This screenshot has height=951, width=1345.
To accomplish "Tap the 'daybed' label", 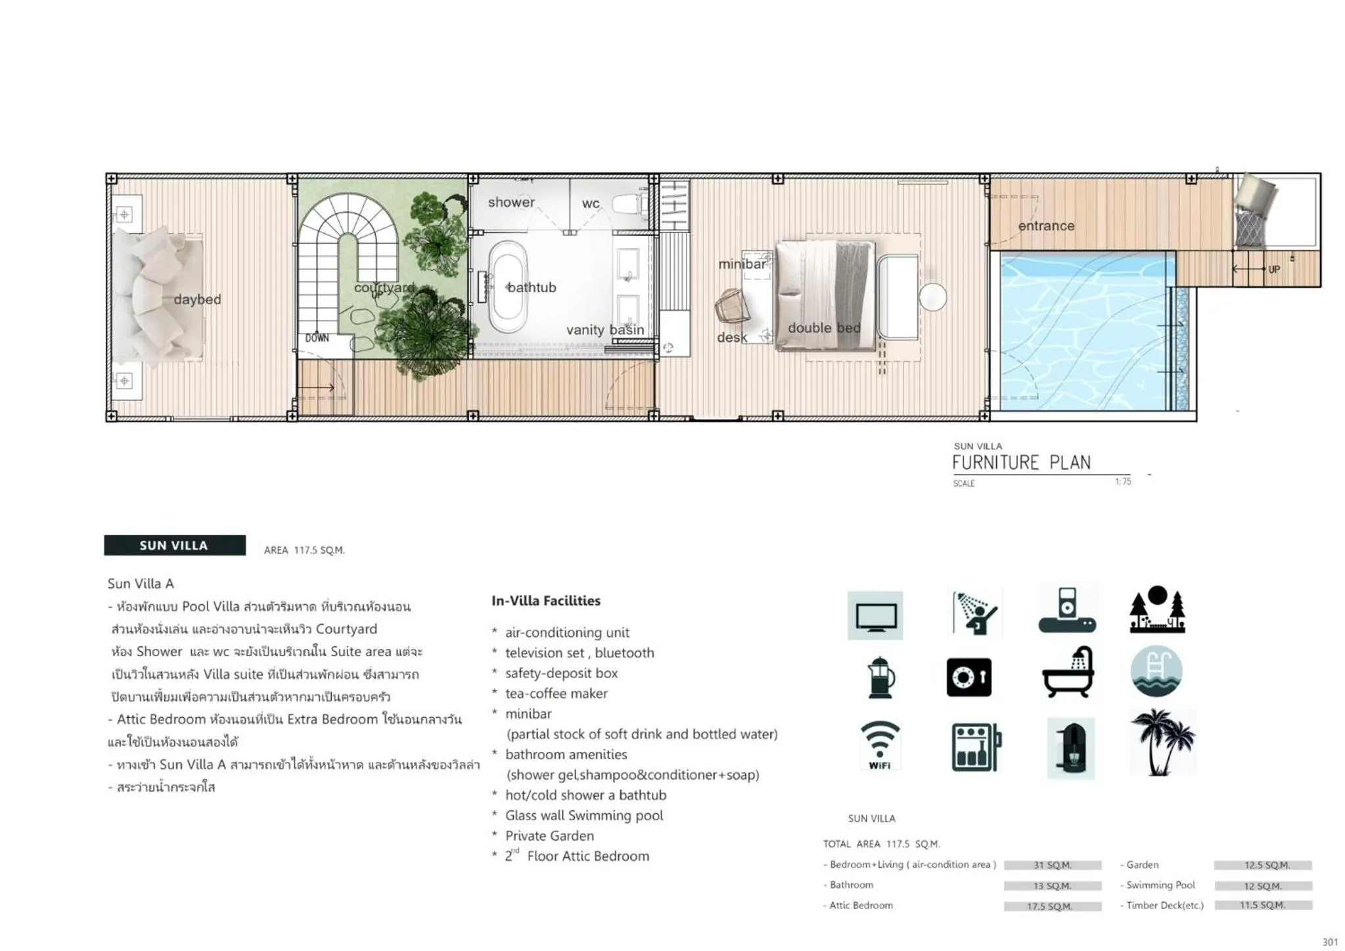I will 197,299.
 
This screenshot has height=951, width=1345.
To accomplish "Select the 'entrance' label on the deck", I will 1046,226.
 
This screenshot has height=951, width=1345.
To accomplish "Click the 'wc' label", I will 590,204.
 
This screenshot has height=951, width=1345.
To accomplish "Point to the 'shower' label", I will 511,202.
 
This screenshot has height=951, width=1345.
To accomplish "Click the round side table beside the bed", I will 932,297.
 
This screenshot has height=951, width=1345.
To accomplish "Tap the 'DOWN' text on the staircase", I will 317,338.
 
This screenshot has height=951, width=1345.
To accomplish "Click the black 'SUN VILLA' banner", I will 174,545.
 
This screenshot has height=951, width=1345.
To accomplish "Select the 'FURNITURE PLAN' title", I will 1021,463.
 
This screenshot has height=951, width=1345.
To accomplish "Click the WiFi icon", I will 879,745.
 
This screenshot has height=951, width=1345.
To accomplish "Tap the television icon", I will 875,616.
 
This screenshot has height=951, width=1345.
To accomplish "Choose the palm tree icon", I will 1162,742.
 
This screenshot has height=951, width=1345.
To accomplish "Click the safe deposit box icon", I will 969,677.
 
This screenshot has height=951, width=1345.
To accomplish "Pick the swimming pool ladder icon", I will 1156,672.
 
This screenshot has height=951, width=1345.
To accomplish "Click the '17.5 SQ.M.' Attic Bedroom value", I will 1051,906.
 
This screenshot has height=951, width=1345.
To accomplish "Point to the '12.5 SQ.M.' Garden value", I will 1263,865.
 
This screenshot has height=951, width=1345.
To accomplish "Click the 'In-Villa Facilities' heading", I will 545,600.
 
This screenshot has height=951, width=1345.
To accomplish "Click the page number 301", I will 1329,942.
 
